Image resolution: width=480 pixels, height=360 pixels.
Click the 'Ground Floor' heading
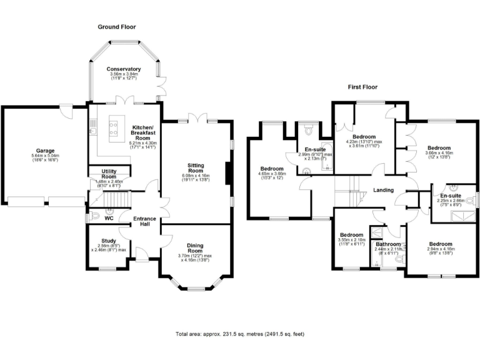pos(116,27)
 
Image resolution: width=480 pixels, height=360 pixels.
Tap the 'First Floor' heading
pos(362,87)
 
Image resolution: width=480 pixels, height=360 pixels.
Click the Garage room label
pos(44,151)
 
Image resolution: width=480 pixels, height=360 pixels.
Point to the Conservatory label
pos(123,69)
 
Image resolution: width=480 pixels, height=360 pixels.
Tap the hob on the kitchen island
pos(115,128)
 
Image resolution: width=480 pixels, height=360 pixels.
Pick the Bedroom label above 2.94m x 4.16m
pos(441,244)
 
